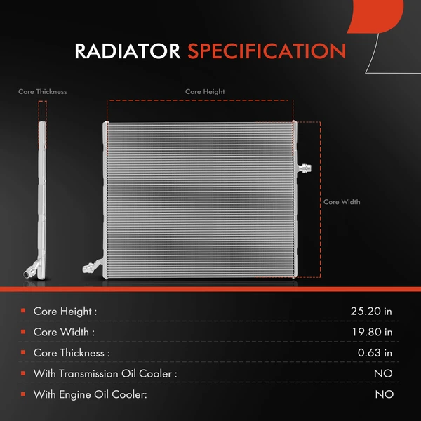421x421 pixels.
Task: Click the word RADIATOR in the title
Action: (128, 51)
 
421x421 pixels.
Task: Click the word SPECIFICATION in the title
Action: (267, 51)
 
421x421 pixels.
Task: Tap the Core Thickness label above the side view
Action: (43, 91)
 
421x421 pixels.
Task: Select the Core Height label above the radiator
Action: (205, 91)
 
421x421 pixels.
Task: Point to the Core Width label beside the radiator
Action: (342, 202)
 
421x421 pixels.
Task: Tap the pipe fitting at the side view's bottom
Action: (30, 269)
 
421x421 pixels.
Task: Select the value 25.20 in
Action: (372, 311)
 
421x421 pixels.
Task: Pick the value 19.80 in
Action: (372, 332)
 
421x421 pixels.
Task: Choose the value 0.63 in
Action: (375, 353)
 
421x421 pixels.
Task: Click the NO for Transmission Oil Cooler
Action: (384, 374)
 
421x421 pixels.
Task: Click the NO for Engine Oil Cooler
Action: (384, 395)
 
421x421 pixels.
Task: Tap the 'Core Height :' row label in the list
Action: (65, 311)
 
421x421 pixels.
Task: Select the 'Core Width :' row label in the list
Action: (64, 332)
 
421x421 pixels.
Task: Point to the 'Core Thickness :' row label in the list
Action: (72, 353)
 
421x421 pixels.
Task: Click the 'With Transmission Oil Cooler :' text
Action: (105, 374)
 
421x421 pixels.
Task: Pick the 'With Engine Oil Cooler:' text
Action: (90, 395)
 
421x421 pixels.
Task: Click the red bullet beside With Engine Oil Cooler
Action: (23, 394)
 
